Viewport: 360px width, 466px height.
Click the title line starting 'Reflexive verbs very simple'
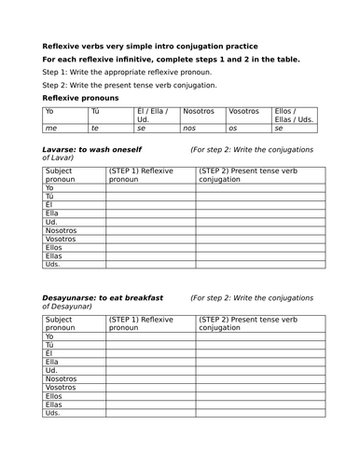click(150, 46)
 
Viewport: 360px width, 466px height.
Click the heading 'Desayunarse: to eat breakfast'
click(104, 298)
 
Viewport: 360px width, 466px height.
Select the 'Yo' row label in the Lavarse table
click(50, 188)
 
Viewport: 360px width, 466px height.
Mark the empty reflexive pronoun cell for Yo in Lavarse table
click(149, 188)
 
